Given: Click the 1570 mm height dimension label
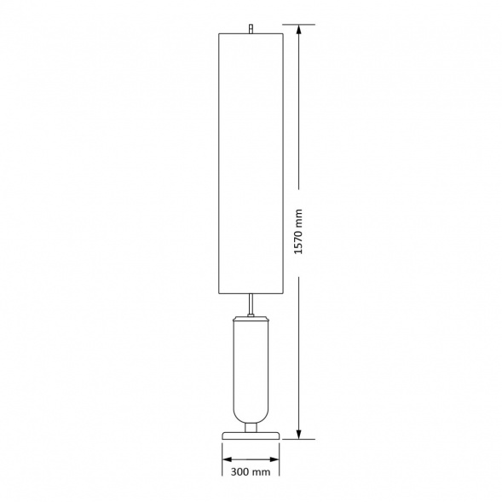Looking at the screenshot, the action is point(298,232).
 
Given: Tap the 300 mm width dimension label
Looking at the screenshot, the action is point(251,471).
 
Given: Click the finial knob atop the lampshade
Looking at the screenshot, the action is point(251,28).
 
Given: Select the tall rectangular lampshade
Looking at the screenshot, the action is point(251,164).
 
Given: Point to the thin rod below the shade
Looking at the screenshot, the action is point(251,304).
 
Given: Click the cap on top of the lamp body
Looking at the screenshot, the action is point(251,318).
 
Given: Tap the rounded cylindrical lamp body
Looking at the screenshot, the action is point(251,372).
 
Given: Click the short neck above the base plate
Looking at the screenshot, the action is point(251,428).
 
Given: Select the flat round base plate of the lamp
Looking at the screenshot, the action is point(251,436).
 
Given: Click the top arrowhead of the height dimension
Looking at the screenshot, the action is point(298,30).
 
